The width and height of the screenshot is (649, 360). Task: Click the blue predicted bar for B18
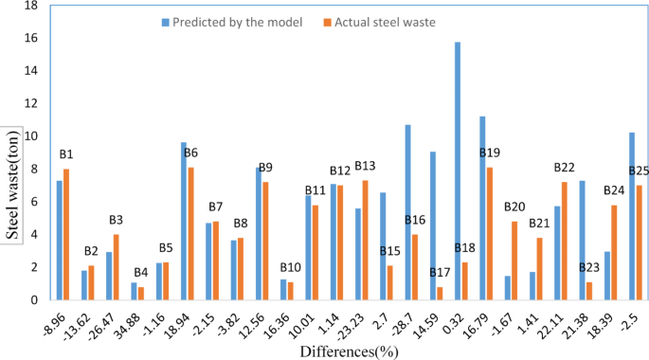[457, 171]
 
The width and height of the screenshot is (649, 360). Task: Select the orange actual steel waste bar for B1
[65, 234]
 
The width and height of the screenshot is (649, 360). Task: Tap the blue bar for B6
[184, 221]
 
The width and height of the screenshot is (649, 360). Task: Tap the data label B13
[365, 167]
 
